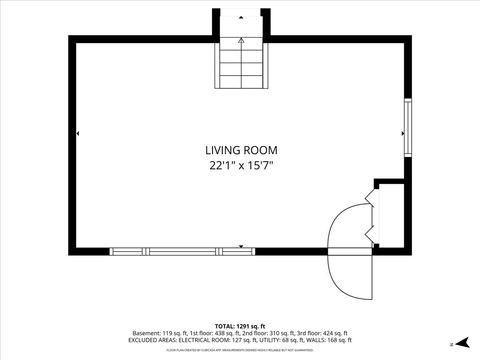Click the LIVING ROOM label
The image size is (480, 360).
pyautogui.click(x=240, y=150)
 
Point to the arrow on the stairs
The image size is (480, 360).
pyautogui.click(x=240, y=44)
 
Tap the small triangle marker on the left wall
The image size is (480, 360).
pyautogui.click(x=78, y=133)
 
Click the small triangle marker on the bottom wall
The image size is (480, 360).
pyautogui.click(x=241, y=245)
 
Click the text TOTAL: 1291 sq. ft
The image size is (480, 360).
pyautogui.click(x=240, y=325)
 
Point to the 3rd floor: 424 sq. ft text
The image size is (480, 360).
pyautogui.click(x=323, y=332)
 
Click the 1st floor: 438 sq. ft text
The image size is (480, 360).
pyautogui.click(x=209, y=332)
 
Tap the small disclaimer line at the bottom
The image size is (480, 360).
pyautogui.click(x=240, y=351)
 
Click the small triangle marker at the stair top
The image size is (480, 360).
pyautogui.click(x=240, y=19)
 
